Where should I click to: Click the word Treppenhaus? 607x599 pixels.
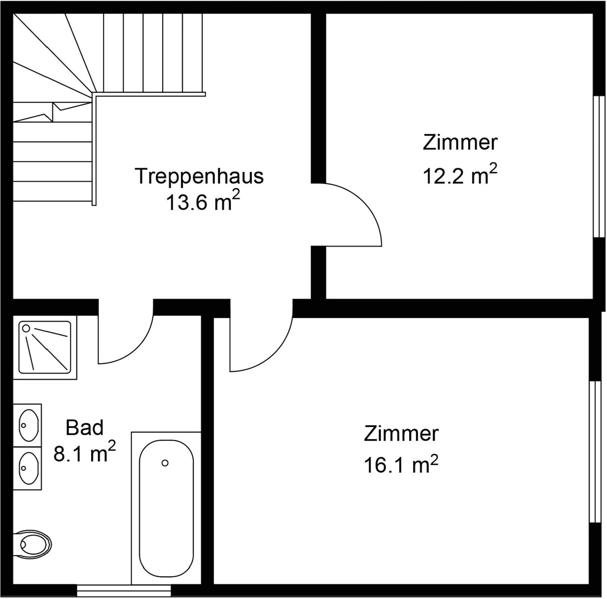pos(199,176)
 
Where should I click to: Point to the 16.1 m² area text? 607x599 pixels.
pos(401,463)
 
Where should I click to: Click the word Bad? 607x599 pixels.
pos(84,428)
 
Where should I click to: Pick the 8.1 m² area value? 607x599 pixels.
pos(84,452)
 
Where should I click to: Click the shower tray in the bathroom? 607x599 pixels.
pos(45,347)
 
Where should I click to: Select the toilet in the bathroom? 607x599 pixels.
pos(32,545)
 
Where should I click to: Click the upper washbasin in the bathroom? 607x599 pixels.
pos(28,425)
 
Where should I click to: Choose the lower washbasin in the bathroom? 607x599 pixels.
pos(28,468)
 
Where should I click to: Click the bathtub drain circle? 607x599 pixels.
pos(165,463)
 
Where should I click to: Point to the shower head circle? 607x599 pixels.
pos(26,329)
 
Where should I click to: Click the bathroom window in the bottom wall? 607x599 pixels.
pos(124,590)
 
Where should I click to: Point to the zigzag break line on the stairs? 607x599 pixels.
pos(52,113)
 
